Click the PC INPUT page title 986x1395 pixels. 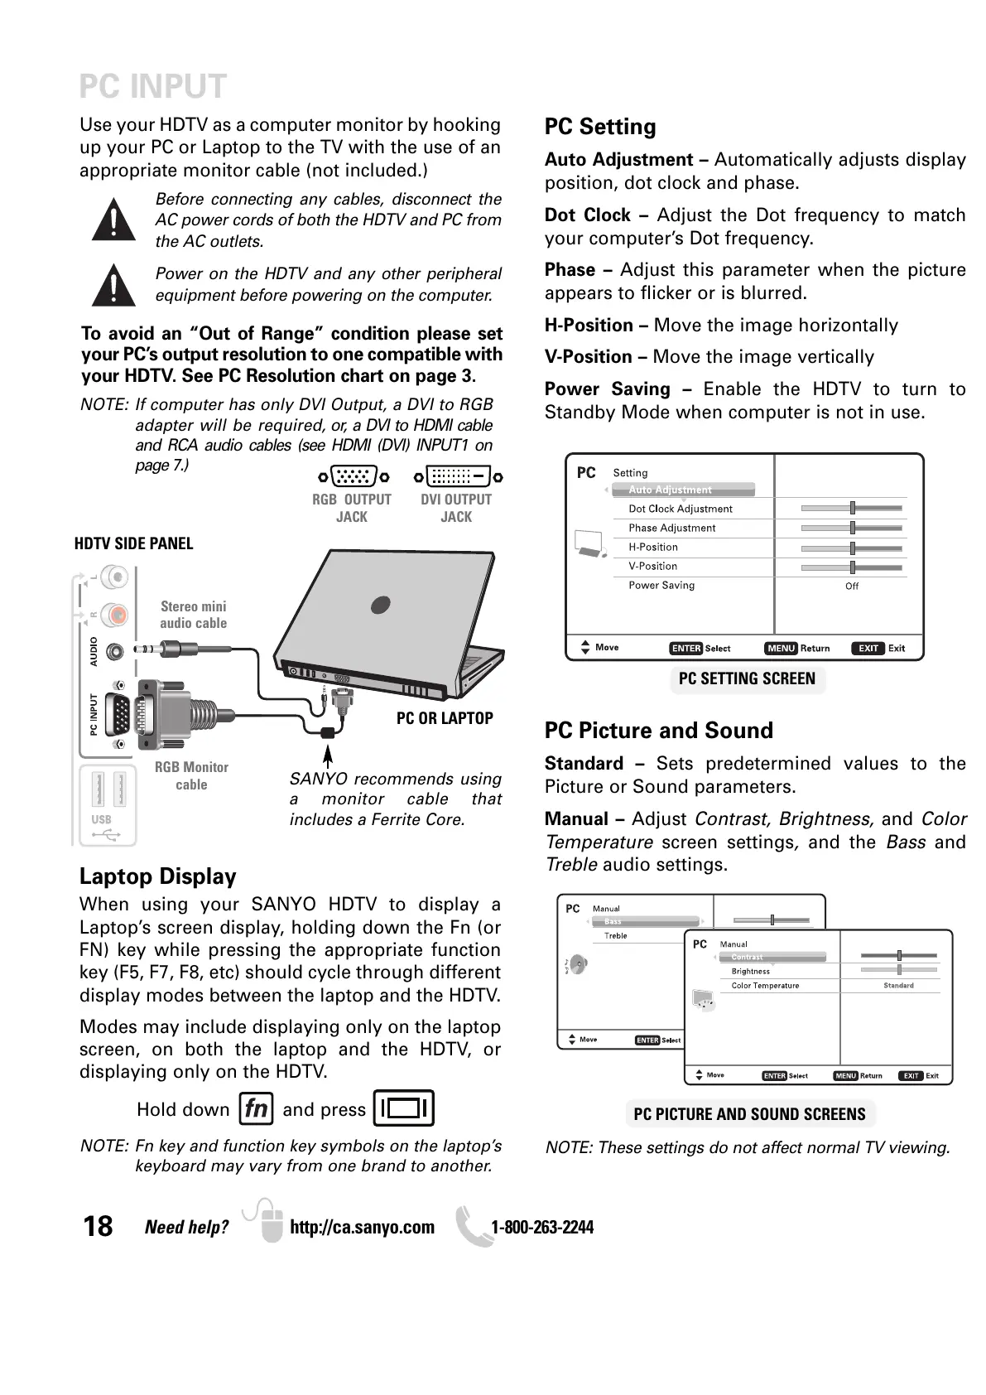point(152,87)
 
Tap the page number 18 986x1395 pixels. point(98,1226)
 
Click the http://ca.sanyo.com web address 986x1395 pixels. point(362,1227)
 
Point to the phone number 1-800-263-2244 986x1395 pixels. point(542,1227)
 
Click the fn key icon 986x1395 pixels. point(256,1108)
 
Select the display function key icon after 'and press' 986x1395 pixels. point(404,1108)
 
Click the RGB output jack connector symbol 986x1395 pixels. point(354,476)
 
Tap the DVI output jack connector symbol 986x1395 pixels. point(458,476)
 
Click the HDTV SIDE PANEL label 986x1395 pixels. point(133,543)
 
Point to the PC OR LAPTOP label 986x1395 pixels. point(445,718)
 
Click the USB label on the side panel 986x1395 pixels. point(101,819)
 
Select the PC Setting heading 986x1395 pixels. point(600,127)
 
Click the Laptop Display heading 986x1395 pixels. point(157,876)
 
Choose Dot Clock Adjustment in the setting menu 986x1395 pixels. point(681,509)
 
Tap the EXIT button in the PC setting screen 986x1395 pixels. point(868,649)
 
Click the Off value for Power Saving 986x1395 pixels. point(852,586)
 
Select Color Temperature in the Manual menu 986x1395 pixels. point(765,986)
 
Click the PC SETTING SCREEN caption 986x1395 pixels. point(747,679)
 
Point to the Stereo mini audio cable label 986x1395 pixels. point(193,615)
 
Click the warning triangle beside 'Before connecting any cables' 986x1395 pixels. point(113,220)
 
